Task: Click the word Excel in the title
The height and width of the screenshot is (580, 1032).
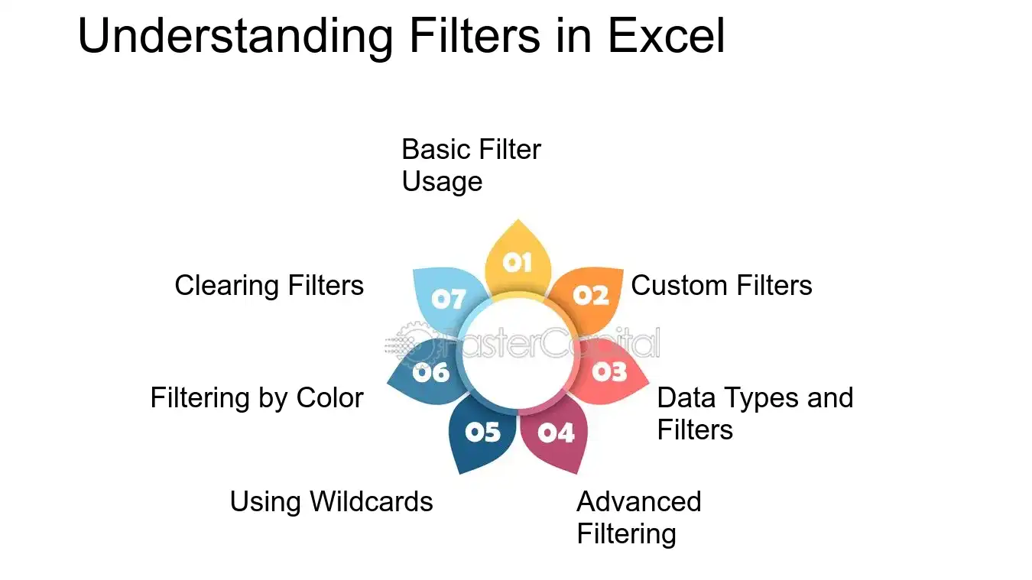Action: pyautogui.click(x=666, y=35)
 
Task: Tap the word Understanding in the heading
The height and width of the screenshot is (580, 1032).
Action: pyautogui.click(x=235, y=37)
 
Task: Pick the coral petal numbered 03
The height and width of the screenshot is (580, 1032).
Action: pyautogui.click(x=609, y=372)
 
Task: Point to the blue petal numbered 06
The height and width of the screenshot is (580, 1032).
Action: pyautogui.click(x=428, y=372)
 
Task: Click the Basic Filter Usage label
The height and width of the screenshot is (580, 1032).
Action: pyautogui.click(x=471, y=165)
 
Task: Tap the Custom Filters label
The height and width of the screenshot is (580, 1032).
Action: pyautogui.click(x=721, y=285)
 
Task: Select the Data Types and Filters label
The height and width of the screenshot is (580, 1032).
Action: pyautogui.click(x=755, y=413)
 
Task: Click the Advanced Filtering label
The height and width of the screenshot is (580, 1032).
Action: pyautogui.click(x=638, y=518)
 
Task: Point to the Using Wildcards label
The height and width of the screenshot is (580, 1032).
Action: pyautogui.click(x=331, y=501)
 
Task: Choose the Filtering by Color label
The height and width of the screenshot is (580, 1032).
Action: pyautogui.click(x=257, y=398)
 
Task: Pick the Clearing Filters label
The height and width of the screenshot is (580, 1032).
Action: pyautogui.click(x=269, y=285)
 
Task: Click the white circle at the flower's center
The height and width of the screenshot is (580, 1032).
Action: pyautogui.click(x=518, y=354)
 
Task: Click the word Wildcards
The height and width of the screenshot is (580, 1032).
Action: pyautogui.click(x=372, y=501)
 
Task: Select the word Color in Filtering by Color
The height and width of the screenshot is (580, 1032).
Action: pyautogui.click(x=330, y=397)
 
